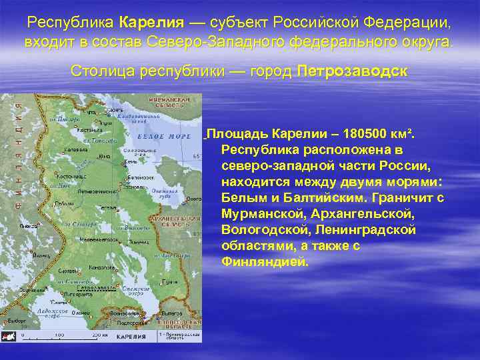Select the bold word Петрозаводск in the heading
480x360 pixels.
pyautogui.click(x=352, y=71)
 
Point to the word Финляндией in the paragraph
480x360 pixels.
pyautogui.click(x=265, y=261)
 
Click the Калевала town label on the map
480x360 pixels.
pyautogui.click(x=75, y=149)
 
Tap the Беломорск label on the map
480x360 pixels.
pyautogui.click(x=141, y=178)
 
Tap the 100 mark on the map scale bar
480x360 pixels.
pyautogui.click(x=59, y=335)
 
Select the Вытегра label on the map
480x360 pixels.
pyautogui.click(x=171, y=312)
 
